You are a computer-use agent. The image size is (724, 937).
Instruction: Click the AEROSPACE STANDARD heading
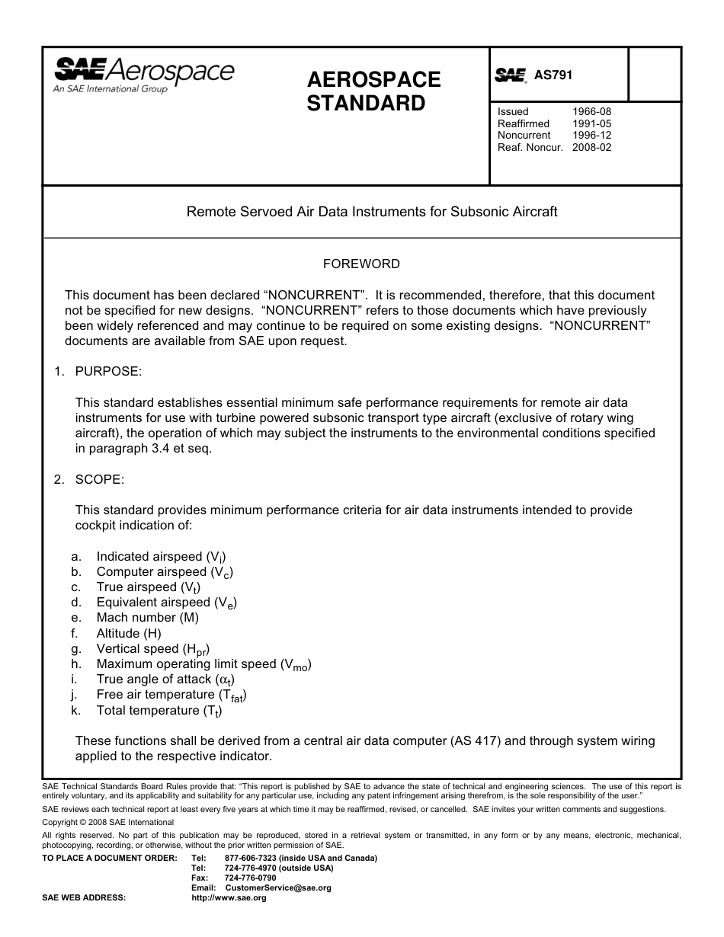tap(373, 91)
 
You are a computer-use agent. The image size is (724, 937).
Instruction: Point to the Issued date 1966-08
tap(591, 112)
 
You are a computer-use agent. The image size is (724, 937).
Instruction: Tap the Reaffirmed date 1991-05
tap(591, 123)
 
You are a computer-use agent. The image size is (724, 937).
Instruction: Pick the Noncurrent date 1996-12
tap(591, 135)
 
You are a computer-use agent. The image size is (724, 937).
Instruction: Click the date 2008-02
tap(591, 147)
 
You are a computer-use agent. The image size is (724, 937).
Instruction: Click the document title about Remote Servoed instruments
tap(372, 212)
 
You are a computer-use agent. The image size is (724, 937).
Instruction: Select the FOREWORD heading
tap(361, 264)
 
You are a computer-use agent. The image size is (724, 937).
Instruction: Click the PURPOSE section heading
tap(107, 371)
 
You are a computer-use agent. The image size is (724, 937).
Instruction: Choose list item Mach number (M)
tap(147, 618)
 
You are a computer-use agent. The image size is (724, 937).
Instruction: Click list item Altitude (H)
tap(129, 633)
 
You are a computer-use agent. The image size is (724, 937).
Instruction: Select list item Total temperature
tap(159, 711)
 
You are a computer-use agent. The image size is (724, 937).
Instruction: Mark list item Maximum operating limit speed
tap(203, 664)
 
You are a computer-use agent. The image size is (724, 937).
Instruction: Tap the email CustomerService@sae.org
tap(278, 887)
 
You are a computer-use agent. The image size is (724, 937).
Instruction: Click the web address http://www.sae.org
tap(229, 898)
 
